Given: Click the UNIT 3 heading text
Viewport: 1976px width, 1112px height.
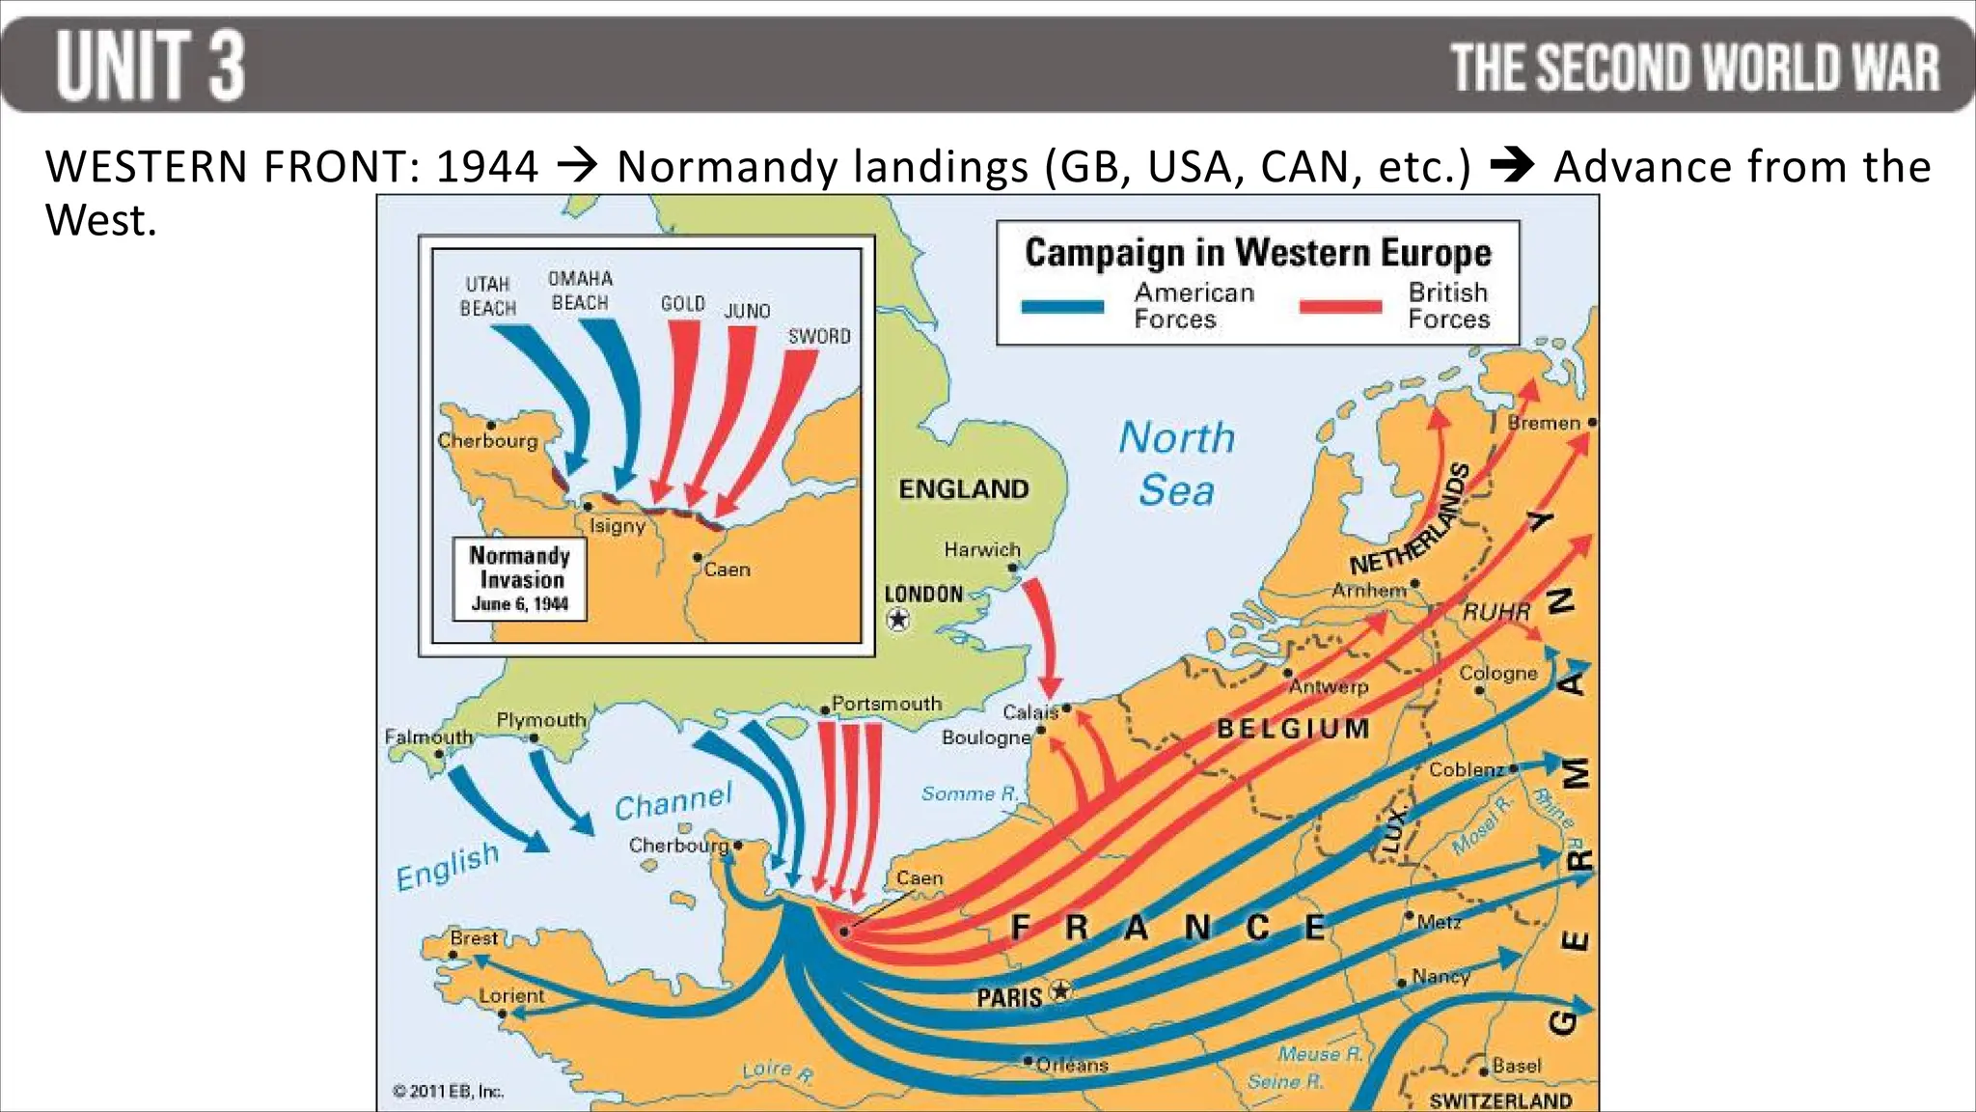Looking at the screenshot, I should tap(151, 66).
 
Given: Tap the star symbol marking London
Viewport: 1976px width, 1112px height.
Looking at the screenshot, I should tap(898, 619).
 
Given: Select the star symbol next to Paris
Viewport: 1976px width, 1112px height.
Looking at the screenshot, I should tap(1060, 989).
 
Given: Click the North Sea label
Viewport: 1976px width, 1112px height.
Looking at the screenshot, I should tap(1176, 463).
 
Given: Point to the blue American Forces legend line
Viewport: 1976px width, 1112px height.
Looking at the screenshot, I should tap(1062, 307).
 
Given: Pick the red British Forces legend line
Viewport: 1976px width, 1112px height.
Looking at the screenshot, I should tap(1339, 307).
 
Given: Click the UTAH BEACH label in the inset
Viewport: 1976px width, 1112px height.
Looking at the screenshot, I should tap(487, 296).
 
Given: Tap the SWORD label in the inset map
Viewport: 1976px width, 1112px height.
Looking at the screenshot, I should tap(819, 336).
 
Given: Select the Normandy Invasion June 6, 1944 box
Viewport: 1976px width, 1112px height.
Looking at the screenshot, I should tap(520, 579).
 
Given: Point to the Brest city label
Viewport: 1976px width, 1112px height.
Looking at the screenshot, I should tap(474, 937).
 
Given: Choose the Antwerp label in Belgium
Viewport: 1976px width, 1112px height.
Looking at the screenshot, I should tap(1329, 686).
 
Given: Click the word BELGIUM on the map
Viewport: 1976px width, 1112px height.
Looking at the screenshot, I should tap(1293, 729).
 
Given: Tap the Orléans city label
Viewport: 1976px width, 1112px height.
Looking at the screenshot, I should tap(1071, 1065).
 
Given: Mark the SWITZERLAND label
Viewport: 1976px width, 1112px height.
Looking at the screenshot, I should tap(1500, 1100).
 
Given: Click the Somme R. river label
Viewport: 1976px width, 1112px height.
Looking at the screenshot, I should tap(969, 793).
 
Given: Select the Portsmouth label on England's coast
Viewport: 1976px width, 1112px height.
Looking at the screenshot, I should tap(886, 704).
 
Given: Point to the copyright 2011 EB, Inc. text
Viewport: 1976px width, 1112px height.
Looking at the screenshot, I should tap(448, 1091).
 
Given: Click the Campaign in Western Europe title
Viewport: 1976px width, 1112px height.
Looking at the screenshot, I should tap(1257, 253).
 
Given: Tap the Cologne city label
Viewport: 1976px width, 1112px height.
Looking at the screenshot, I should tap(1497, 673).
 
